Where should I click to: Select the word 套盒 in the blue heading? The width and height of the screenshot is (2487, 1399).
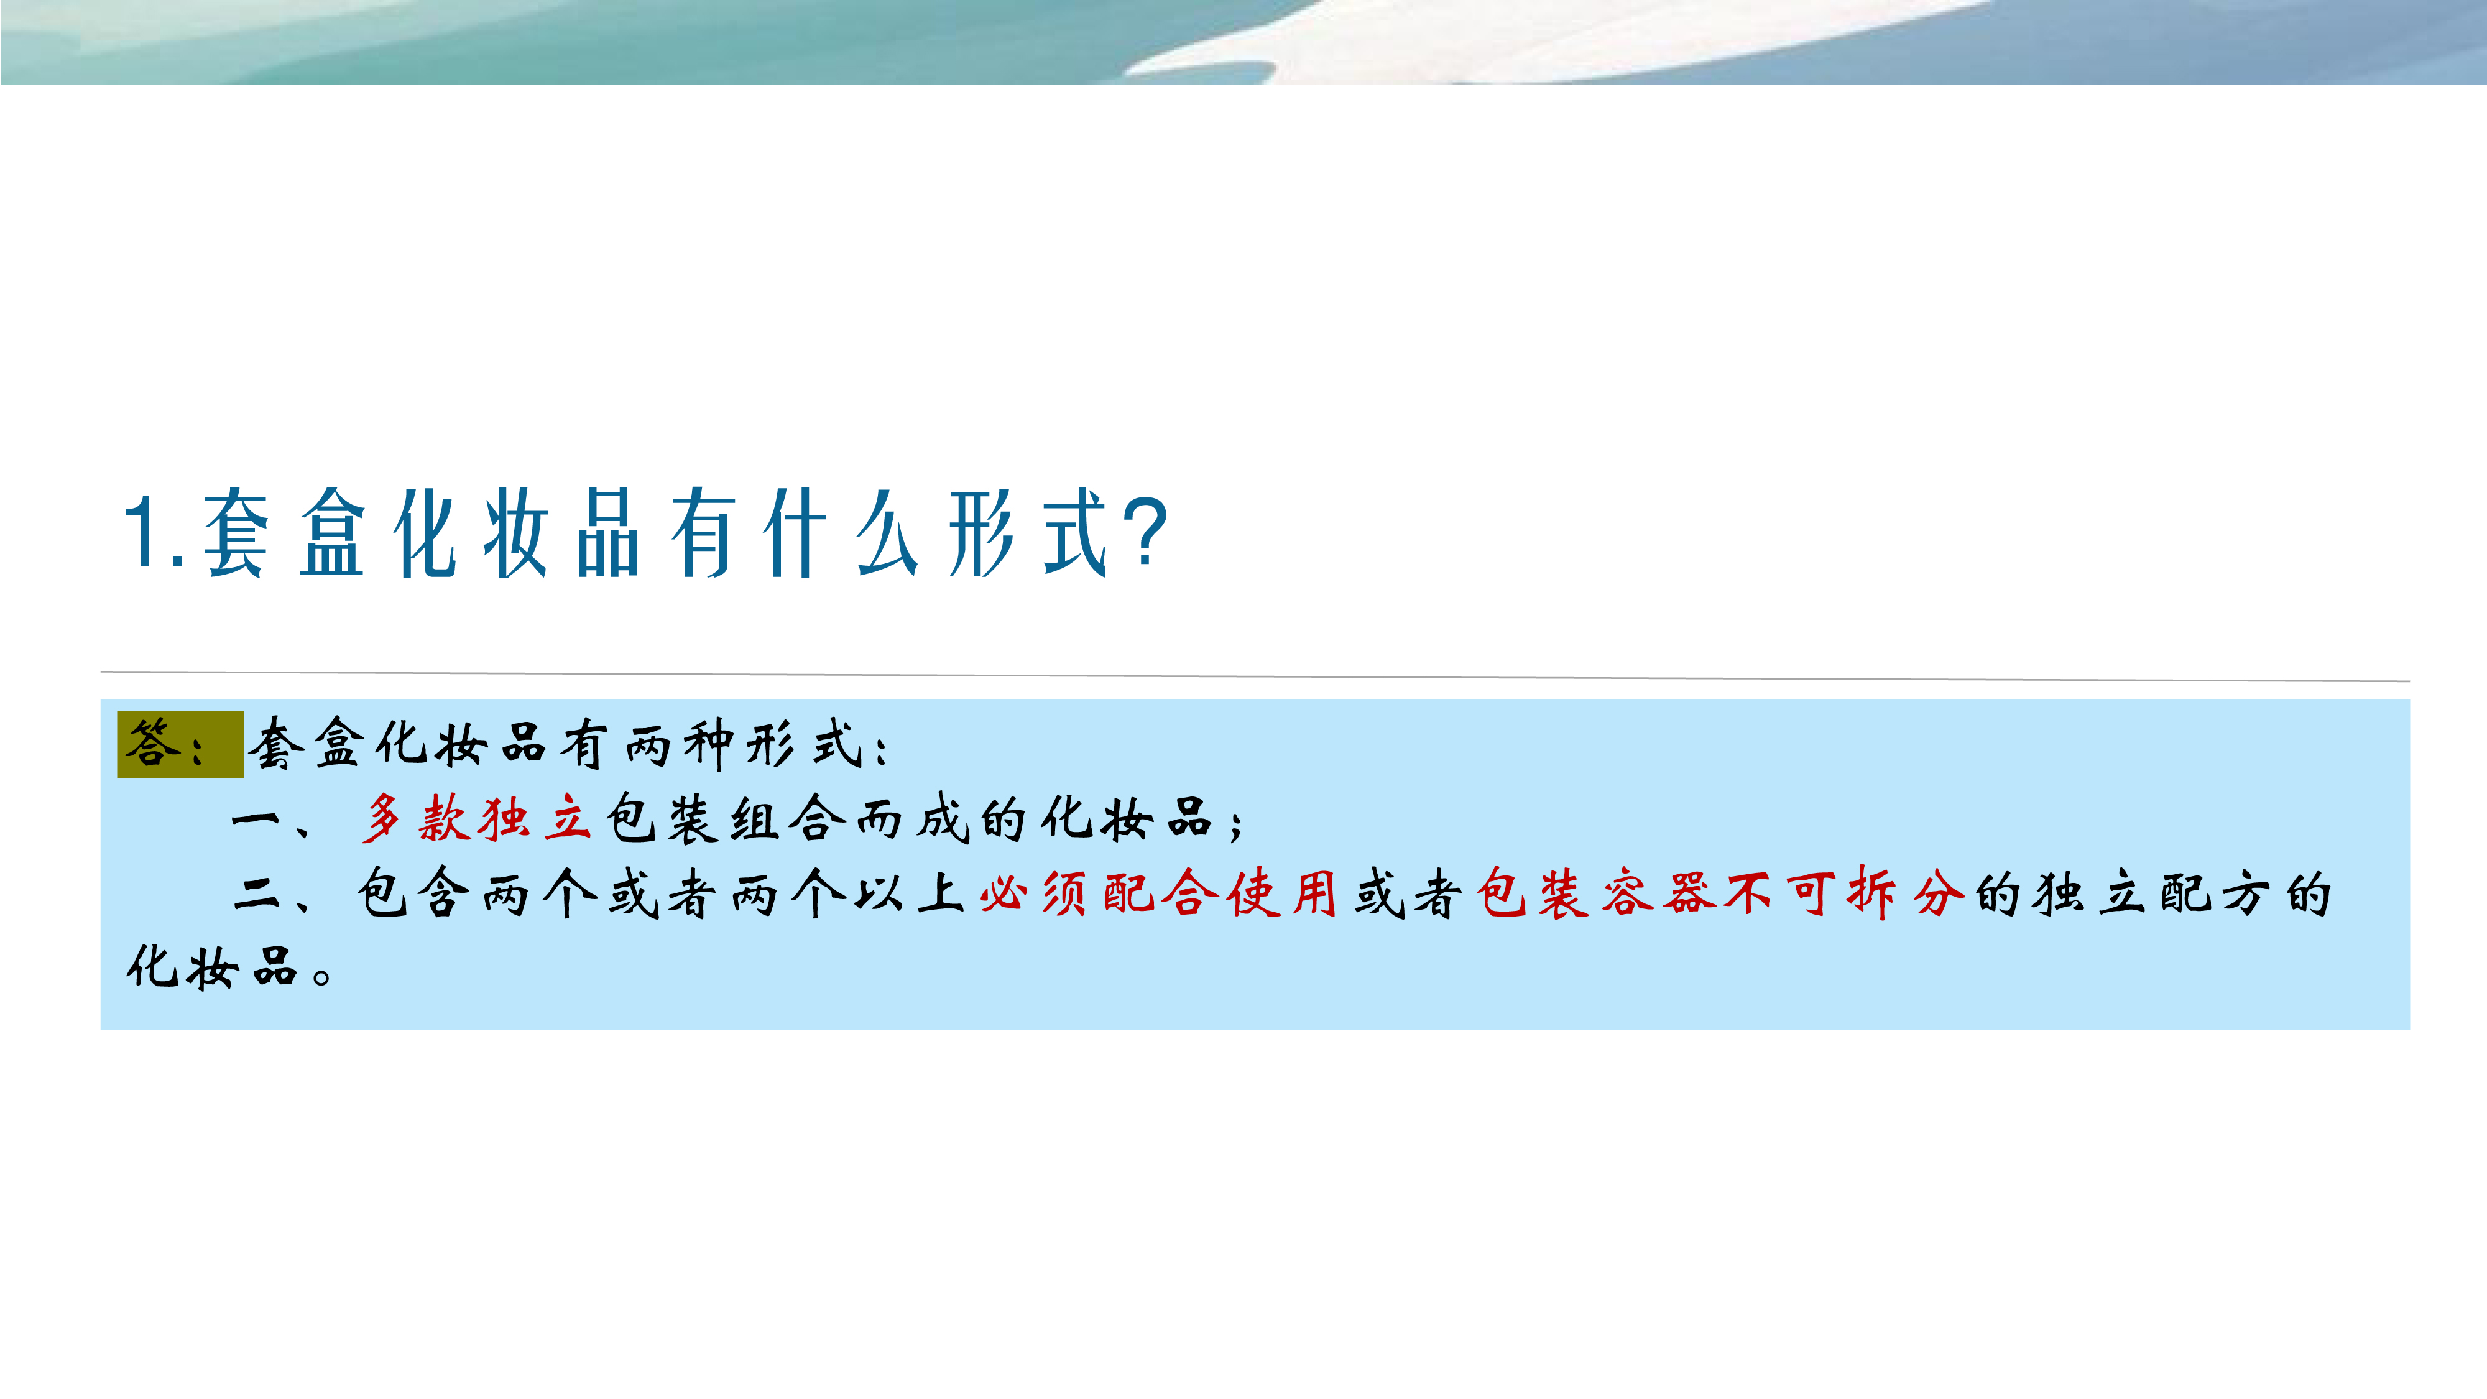(x=284, y=532)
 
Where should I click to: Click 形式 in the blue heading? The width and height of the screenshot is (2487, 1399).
(x=1027, y=532)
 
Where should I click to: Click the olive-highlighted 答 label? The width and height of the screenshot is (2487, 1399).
(x=152, y=744)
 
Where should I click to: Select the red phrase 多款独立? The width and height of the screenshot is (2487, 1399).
(x=475, y=820)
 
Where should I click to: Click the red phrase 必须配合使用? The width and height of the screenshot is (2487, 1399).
(x=1158, y=893)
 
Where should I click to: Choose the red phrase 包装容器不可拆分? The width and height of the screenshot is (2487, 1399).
(x=1720, y=893)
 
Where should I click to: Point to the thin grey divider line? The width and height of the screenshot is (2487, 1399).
(x=1255, y=676)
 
